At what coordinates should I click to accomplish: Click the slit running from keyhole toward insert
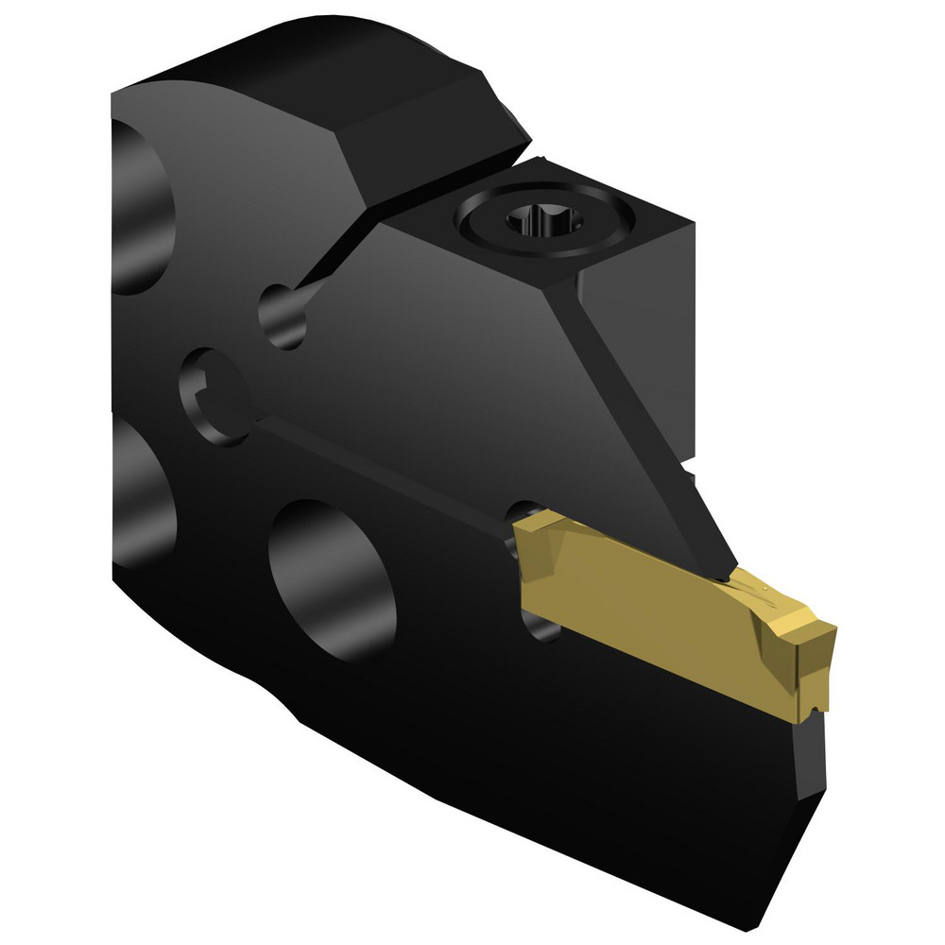[378, 454]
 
